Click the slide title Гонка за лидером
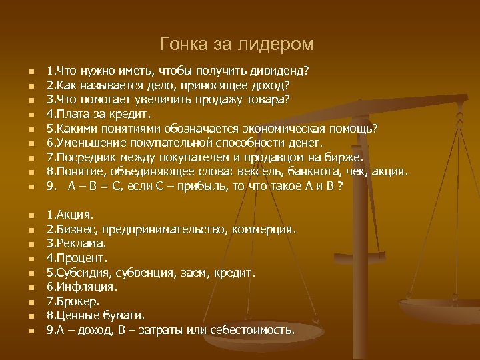click(x=237, y=45)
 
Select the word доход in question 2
click(x=271, y=85)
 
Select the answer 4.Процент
click(x=77, y=258)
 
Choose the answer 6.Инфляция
click(x=81, y=287)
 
